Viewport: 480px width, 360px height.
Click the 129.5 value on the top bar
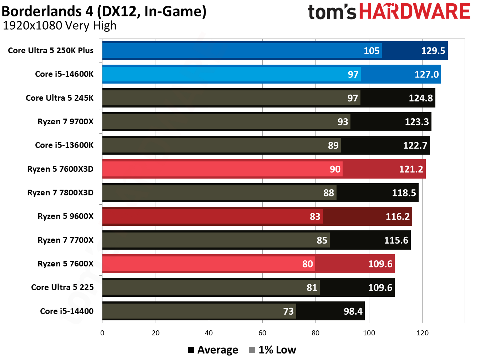433,51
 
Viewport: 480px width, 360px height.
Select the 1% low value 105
372,51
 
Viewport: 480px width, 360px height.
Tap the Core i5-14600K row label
64,74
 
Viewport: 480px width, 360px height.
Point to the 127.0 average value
426,74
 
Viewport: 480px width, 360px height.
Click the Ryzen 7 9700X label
65,122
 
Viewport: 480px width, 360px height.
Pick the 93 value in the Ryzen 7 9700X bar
343,122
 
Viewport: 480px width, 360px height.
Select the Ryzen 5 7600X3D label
60,169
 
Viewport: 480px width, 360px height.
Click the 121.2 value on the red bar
411,169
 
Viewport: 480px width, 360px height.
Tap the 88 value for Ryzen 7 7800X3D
328,193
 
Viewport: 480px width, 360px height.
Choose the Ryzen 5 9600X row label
65,216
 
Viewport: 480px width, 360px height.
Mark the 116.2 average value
398,216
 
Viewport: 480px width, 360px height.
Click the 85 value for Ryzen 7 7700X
322,240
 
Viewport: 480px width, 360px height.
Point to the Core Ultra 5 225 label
62,287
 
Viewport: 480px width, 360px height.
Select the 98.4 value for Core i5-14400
353,311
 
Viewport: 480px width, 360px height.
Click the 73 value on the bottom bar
288,311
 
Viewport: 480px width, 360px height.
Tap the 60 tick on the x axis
262,333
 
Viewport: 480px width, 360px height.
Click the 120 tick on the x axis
422,333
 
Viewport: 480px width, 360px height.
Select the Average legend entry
213,350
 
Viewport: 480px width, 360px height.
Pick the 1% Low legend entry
273,350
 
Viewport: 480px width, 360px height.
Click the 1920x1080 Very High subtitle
60,26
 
